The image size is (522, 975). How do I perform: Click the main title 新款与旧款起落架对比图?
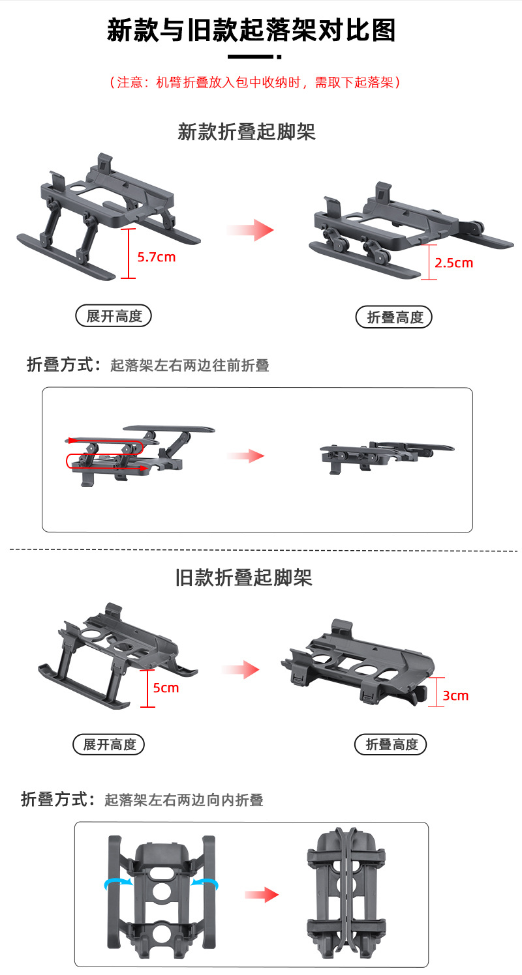coord(251,30)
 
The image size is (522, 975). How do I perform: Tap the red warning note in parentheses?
coord(254,82)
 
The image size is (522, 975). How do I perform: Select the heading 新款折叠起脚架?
coord(247,132)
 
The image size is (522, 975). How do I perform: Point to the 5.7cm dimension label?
coord(157,257)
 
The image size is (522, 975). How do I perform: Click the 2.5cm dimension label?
coord(453,263)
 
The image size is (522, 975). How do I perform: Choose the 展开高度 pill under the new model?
coord(114,315)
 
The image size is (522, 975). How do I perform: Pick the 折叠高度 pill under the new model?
coord(394,317)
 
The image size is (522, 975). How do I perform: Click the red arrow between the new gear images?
coord(251,230)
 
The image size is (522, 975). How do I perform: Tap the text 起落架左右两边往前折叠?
coord(189,365)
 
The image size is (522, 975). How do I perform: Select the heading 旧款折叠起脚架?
coord(243,577)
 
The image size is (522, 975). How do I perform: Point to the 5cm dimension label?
coord(166,688)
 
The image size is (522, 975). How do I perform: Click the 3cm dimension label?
coord(455,695)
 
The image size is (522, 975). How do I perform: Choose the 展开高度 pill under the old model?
coord(108,744)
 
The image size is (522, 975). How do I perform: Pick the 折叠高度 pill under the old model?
coord(390,744)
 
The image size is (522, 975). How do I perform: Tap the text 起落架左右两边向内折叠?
coord(184,800)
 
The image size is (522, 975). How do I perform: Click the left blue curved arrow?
coord(118,882)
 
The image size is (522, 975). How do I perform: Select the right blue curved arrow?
coord(205,882)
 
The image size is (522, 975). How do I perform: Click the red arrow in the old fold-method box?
coord(262,894)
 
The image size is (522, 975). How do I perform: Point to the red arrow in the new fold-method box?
coord(246,456)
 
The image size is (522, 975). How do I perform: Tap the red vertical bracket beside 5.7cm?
coord(128,254)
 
